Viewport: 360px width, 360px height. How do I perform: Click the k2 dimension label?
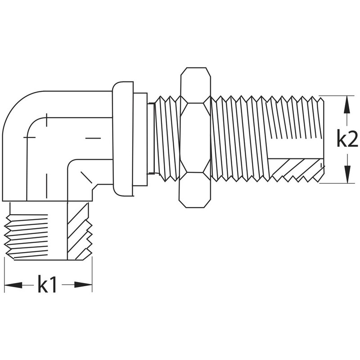coord(347,138)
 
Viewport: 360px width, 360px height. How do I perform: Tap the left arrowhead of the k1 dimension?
coord(13,285)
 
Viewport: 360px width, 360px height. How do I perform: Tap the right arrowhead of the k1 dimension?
coord(83,285)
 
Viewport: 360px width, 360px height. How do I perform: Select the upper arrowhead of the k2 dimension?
coord(347,104)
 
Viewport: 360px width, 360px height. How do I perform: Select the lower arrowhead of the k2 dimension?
coord(347,175)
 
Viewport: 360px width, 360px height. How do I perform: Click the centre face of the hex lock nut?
coord(195,138)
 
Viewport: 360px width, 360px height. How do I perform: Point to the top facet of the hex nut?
coord(196,85)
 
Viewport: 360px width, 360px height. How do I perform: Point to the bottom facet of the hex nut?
coord(195,190)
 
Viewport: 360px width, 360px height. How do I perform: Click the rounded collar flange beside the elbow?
coord(123,139)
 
